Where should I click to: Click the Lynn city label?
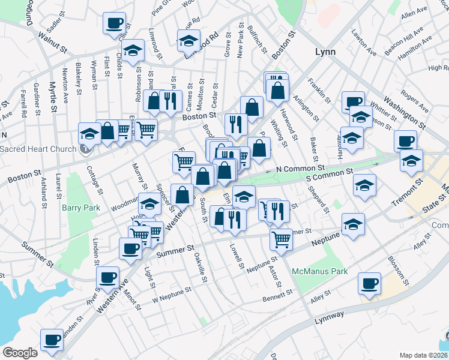coord(325,52)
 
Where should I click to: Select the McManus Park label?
coord(320,271)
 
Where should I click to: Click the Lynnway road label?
coord(330,316)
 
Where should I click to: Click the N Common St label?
coord(300,170)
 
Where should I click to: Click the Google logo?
coord(20,353)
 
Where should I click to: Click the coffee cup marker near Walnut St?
coord(114,23)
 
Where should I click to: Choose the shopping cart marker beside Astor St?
coord(281,239)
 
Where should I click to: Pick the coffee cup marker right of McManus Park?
coord(369,283)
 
